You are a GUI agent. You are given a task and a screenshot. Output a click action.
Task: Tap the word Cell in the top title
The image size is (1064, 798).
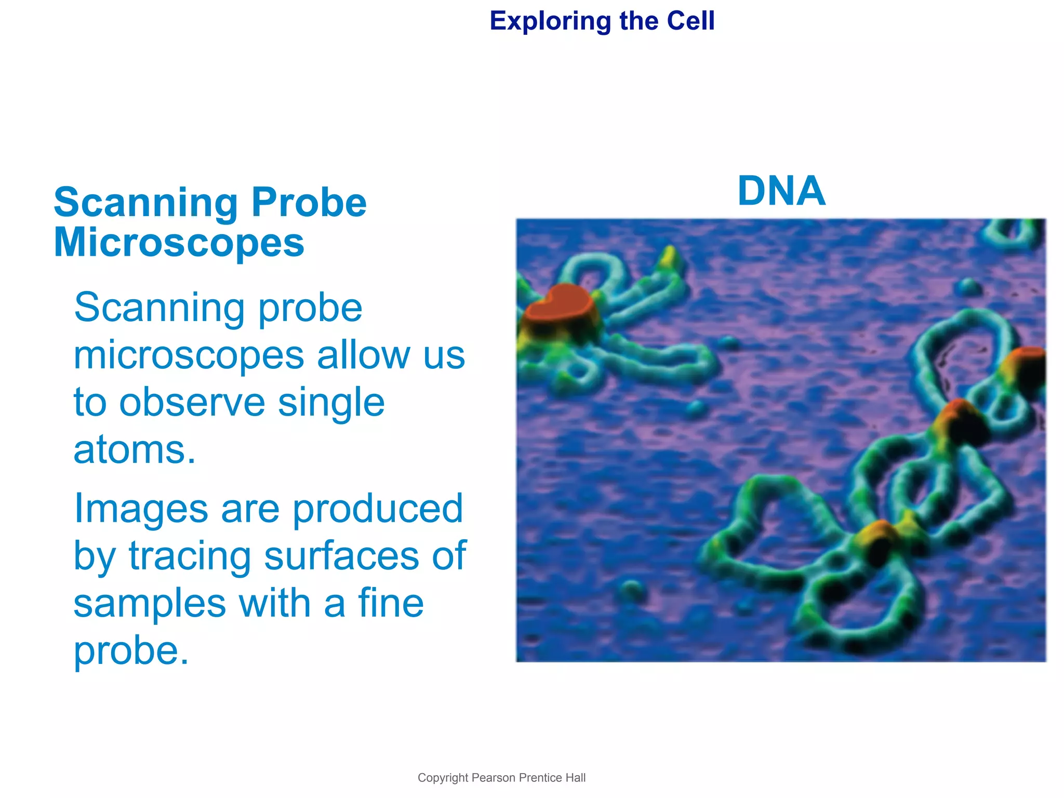[690, 21]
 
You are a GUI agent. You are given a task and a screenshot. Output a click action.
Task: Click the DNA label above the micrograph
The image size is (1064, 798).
[781, 191]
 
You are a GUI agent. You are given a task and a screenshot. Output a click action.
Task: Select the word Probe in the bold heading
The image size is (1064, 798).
[309, 203]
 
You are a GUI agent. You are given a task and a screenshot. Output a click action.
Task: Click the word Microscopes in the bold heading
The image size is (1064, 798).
[179, 243]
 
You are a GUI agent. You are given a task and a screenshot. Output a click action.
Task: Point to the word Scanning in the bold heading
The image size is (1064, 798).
[146, 203]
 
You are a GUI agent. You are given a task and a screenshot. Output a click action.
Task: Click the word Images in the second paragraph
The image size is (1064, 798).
[141, 509]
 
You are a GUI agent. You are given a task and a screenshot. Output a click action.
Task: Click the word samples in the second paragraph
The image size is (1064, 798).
[150, 603]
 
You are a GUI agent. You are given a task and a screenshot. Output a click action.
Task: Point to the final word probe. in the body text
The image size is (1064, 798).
[131, 650]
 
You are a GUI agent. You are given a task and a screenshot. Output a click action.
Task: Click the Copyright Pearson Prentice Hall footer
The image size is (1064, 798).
[501, 778]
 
